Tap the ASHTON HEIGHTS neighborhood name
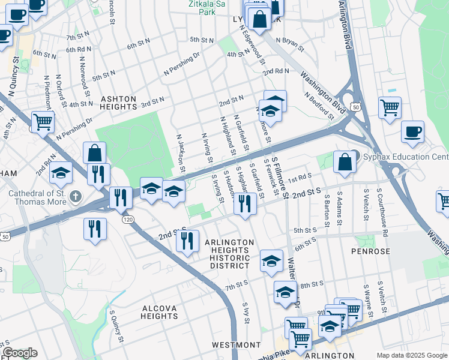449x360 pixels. coord(118,103)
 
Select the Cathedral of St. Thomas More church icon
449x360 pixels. coord(75,196)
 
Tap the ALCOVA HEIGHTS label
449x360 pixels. coord(159,312)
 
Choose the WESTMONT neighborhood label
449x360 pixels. coord(237,345)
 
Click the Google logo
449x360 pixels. coord(20,353)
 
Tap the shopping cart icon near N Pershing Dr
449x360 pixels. coord(43,122)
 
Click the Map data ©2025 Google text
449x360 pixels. coord(412,355)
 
